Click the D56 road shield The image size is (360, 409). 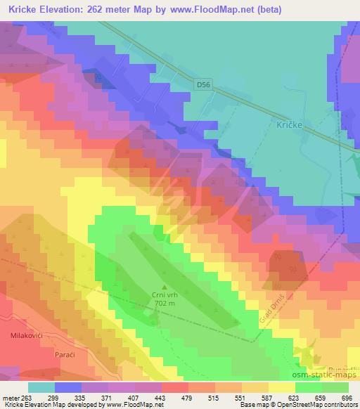(x=203, y=84)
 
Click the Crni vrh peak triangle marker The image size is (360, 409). (x=165, y=286)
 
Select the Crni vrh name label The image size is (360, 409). (x=165, y=296)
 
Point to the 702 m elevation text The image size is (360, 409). (x=165, y=304)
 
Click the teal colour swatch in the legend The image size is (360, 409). (x=41, y=387)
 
